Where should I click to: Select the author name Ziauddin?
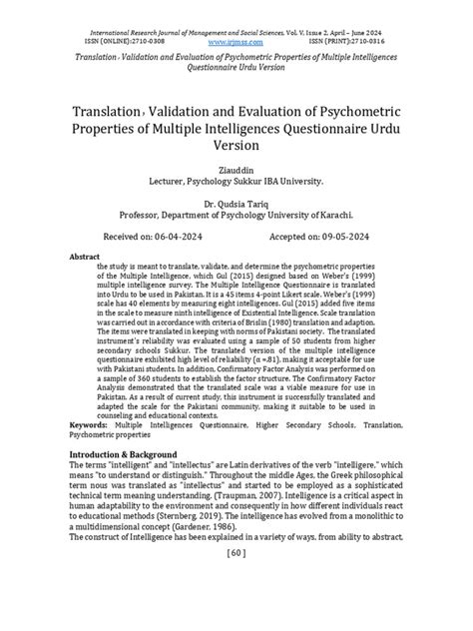pyautogui.click(x=236, y=171)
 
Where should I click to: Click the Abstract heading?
pyautogui.click(x=83, y=257)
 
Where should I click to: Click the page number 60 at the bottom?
pyautogui.click(x=236, y=607)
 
